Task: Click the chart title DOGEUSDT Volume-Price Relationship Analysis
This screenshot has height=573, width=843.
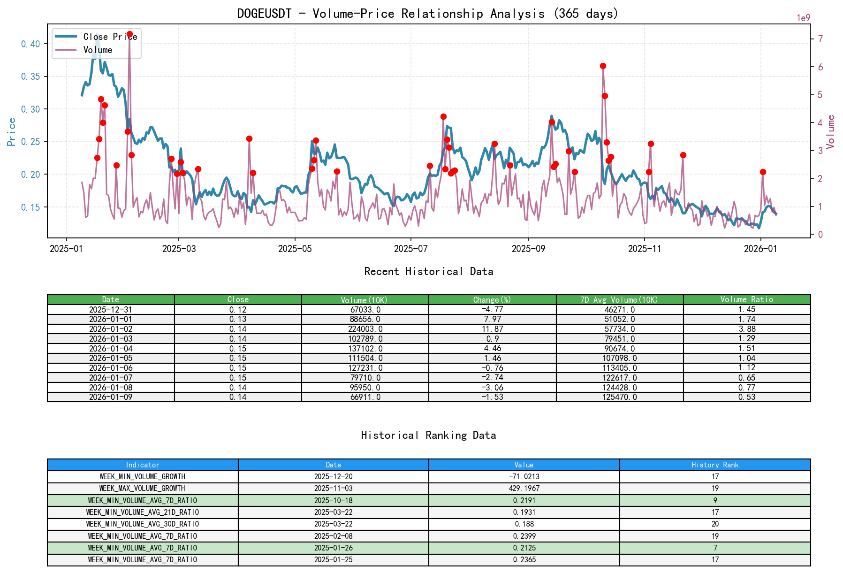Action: (427, 14)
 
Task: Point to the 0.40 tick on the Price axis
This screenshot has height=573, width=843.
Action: (31, 44)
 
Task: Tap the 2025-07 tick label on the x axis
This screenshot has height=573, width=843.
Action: (410, 249)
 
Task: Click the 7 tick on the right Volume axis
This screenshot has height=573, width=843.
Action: (820, 39)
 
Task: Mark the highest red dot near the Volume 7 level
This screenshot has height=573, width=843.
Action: (129, 34)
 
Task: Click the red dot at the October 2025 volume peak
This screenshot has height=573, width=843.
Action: (603, 66)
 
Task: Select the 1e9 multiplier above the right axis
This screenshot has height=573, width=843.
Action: (803, 18)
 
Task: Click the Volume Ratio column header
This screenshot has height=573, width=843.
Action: (746, 299)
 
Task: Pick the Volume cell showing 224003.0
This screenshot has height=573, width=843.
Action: (365, 329)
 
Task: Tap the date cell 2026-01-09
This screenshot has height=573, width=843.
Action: (111, 397)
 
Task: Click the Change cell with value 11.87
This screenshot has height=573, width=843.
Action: (492, 329)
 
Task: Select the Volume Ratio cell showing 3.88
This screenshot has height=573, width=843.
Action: (746, 329)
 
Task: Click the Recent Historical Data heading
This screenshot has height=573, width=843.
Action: (428, 271)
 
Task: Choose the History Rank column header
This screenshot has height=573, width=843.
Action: (714, 465)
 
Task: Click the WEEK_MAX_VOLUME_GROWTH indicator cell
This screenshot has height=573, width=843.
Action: (142, 488)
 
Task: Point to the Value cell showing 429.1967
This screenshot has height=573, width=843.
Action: (524, 488)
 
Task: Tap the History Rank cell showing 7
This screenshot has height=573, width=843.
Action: (714, 548)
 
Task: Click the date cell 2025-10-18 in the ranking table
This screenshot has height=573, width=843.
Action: (333, 500)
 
